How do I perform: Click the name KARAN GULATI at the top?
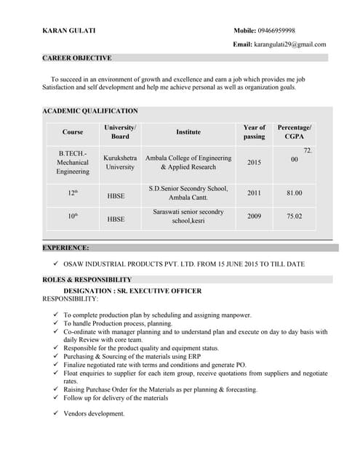[x=68, y=31]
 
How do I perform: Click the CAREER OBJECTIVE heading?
[x=77, y=58]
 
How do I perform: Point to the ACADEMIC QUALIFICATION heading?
[x=90, y=111]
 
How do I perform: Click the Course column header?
[x=73, y=132]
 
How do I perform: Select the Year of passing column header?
[x=254, y=132]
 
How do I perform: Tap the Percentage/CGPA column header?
[x=295, y=132]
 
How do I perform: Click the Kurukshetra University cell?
[x=120, y=162]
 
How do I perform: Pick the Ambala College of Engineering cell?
[x=188, y=162]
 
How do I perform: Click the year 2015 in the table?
[x=254, y=163]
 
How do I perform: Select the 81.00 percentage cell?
[x=295, y=193]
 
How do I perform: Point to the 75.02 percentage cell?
[x=295, y=217]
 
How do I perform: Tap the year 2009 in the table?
[x=254, y=217]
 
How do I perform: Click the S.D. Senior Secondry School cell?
[x=188, y=193]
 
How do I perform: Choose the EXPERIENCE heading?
[x=66, y=248]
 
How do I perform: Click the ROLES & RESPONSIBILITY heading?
[x=87, y=280]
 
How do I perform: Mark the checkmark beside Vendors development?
[x=56, y=413]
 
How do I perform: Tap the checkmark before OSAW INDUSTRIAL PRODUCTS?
[x=56, y=264]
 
